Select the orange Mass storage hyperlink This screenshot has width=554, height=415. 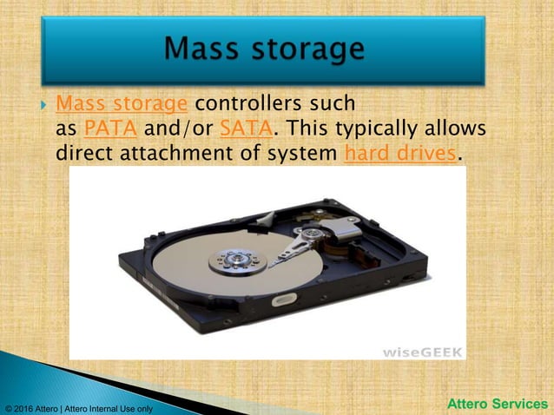tap(121, 104)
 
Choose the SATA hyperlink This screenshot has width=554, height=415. tap(247, 129)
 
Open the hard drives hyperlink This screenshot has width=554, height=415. tap(399, 154)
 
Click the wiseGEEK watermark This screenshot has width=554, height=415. tap(423, 352)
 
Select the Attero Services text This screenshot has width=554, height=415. tap(498, 404)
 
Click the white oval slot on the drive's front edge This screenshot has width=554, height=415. tap(286, 300)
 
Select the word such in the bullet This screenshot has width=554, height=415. tap(333, 104)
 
